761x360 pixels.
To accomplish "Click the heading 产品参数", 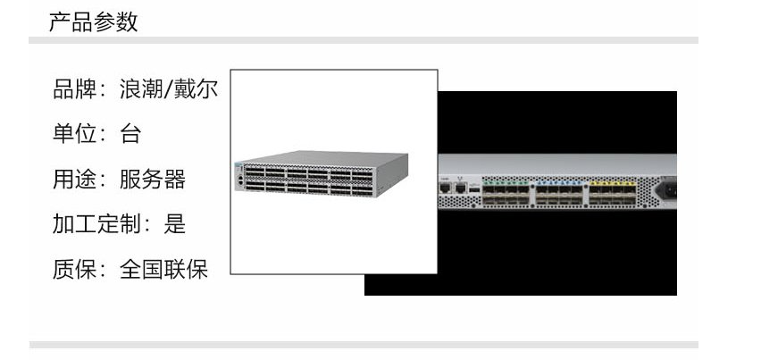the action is tap(93, 21).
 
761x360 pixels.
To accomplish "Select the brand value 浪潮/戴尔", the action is tap(169, 89).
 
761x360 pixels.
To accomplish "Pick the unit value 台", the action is tap(130, 134).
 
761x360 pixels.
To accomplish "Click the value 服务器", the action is tap(153, 179).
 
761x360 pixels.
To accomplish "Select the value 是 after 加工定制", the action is tap(174, 224).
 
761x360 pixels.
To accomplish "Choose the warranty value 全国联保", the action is tap(163, 269).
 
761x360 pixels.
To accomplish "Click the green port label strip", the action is tap(506, 183).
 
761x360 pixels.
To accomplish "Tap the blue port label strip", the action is tap(559, 183).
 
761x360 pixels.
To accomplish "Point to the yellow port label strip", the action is tap(613, 183).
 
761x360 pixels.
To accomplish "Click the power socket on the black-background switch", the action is tap(667, 189).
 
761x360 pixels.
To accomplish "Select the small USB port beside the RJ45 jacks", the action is tap(474, 188).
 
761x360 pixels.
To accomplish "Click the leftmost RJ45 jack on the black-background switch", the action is tap(445, 188).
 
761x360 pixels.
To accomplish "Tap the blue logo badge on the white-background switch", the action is tap(238, 167).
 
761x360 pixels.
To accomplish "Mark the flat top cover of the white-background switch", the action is tap(322, 158).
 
